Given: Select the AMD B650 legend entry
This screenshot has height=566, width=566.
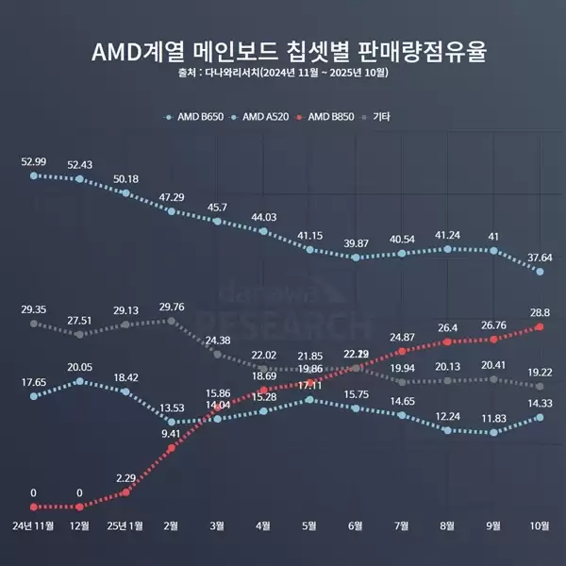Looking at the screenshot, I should [x=199, y=118].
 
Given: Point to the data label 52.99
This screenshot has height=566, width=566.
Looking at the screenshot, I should [x=34, y=161].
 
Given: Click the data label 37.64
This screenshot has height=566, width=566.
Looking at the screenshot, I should [x=540, y=256].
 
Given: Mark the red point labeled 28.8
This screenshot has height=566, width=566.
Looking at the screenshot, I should [x=540, y=326].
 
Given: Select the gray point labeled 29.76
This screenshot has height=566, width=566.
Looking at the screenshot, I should [x=172, y=321].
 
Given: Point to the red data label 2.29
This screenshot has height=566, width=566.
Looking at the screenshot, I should [x=125, y=477].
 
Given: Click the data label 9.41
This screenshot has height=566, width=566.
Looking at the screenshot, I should [x=172, y=434].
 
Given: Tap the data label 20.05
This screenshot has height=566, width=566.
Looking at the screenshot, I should [x=80, y=367].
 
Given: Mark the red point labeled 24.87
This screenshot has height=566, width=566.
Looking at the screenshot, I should [x=403, y=351].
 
